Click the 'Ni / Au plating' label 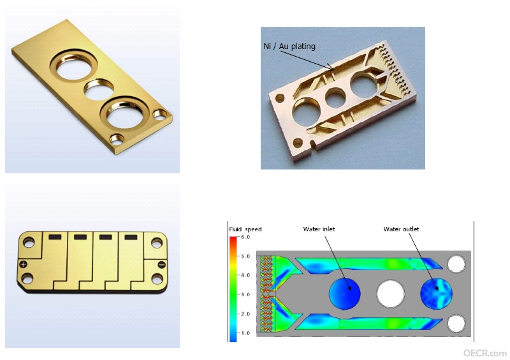coord(289,46)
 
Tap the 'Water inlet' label coord(319,229)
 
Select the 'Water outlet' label coord(401,229)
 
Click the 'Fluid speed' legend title coord(245,229)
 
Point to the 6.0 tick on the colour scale coord(245,237)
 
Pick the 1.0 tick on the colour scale coord(245,333)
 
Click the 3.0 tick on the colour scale coord(245,294)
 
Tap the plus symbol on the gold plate coord(23,264)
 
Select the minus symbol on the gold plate coord(162,264)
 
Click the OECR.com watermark coord(484,353)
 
